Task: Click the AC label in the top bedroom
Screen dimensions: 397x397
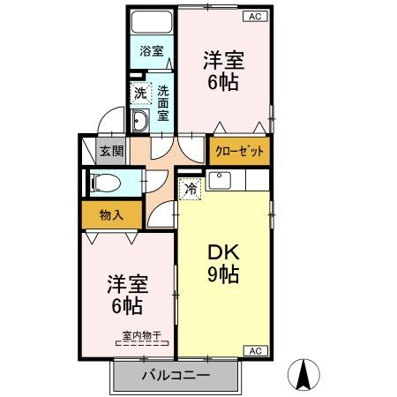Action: click(253, 17)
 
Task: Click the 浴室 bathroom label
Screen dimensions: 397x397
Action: click(151, 51)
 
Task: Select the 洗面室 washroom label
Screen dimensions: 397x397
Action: click(165, 101)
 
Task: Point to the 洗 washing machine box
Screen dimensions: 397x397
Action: click(140, 93)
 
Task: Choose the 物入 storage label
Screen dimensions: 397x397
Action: click(109, 214)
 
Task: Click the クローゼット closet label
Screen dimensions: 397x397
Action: click(240, 151)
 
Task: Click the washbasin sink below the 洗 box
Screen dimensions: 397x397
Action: click(140, 121)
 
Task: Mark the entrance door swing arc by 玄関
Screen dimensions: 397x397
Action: click(108, 123)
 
